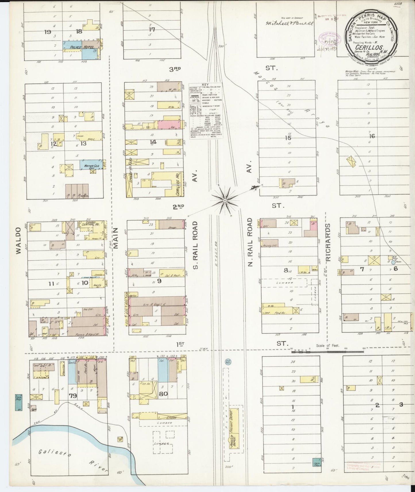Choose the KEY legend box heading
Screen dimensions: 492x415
pyautogui.click(x=205, y=85)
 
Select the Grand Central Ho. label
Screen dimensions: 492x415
pyautogui.click(x=91, y=224)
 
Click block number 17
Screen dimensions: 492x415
pyautogui.click(x=152, y=29)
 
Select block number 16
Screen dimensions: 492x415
pyautogui.click(x=372, y=136)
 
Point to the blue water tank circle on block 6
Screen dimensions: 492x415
pyautogui.click(x=393, y=262)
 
